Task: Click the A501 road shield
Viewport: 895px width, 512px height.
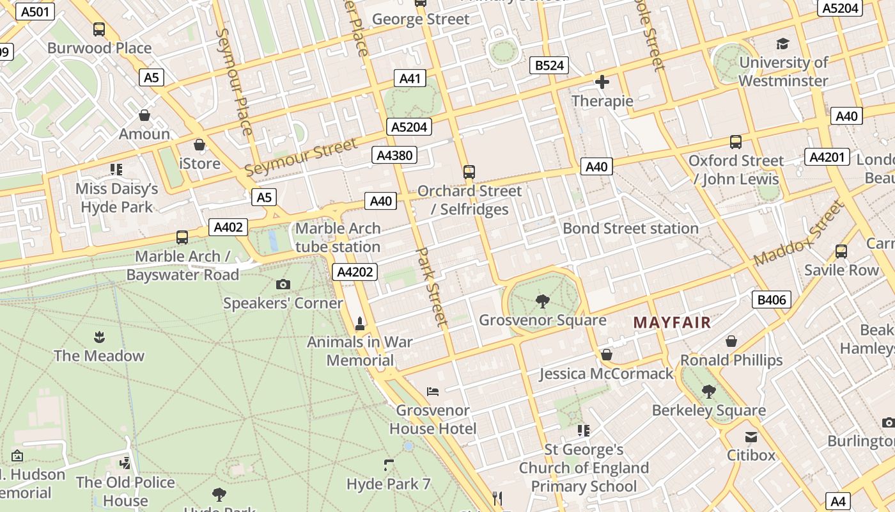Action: (35, 12)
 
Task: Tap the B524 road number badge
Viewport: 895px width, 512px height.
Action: (549, 65)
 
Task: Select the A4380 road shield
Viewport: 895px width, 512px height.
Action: (394, 155)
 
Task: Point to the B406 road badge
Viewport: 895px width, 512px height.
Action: (772, 300)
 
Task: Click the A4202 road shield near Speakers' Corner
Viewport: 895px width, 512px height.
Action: (355, 272)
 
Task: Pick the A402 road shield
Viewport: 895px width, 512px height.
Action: (228, 227)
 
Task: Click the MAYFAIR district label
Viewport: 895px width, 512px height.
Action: (672, 322)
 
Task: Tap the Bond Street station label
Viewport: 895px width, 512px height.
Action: (630, 228)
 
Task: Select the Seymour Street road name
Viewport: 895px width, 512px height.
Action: (301, 157)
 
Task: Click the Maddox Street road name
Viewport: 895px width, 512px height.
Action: (799, 234)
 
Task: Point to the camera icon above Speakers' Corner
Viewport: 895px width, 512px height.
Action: (283, 284)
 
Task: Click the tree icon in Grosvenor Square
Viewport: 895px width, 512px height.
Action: (542, 301)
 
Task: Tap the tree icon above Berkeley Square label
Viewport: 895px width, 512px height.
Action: (708, 391)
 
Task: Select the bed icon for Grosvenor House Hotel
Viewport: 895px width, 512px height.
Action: (433, 391)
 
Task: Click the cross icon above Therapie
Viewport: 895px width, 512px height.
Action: (602, 82)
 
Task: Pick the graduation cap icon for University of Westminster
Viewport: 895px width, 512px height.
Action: (782, 44)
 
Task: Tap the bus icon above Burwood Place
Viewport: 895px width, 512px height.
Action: (99, 29)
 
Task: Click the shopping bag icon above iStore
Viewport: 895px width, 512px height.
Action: (199, 145)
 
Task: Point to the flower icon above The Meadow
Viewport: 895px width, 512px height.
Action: (99, 337)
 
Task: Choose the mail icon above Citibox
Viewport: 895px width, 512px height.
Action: (751, 436)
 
